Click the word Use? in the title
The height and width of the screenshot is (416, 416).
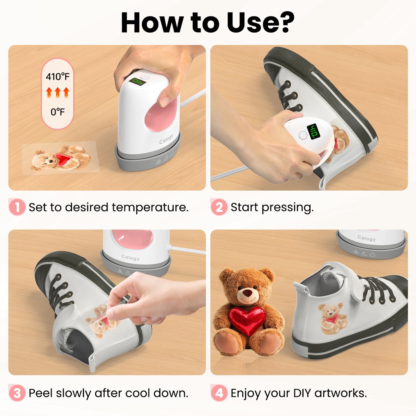(x=261, y=22)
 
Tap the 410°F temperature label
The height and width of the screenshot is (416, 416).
(x=58, y=77)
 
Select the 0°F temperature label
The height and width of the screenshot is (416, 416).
(x=58, y=112)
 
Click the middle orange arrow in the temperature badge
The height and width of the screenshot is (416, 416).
(x=58, y=93)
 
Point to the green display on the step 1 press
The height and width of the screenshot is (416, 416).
(x=137, y=81)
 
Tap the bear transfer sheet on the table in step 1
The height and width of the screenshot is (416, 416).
(x=61, y=158)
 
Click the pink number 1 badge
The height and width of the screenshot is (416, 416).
(x=17, y=207)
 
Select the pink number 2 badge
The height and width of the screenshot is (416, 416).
(x=219, y=207)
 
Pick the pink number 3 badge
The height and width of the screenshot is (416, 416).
(x=17, y=393)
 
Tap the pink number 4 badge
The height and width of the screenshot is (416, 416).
(x=219, y=393)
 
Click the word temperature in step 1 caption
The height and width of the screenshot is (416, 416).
(x=150, y=208)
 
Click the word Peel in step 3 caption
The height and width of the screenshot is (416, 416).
(x=41, y=393)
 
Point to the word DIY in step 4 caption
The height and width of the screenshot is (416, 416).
(x=302, y=393)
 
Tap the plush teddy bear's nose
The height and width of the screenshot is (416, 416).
(x=247, y=292)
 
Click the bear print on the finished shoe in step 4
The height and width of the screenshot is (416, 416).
(x=333, y=318)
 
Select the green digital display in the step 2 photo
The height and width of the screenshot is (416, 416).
(x=313, y=131)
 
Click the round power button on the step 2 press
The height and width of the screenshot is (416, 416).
(x=303, y=135)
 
